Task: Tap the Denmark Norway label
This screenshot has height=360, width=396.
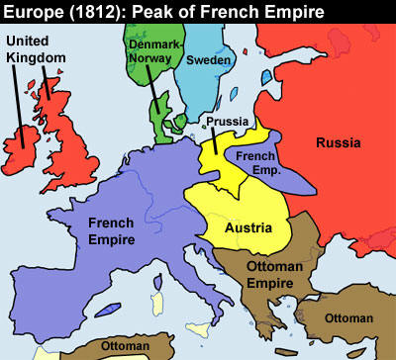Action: pos(150,51)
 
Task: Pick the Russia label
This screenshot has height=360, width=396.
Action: pos(338,143)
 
